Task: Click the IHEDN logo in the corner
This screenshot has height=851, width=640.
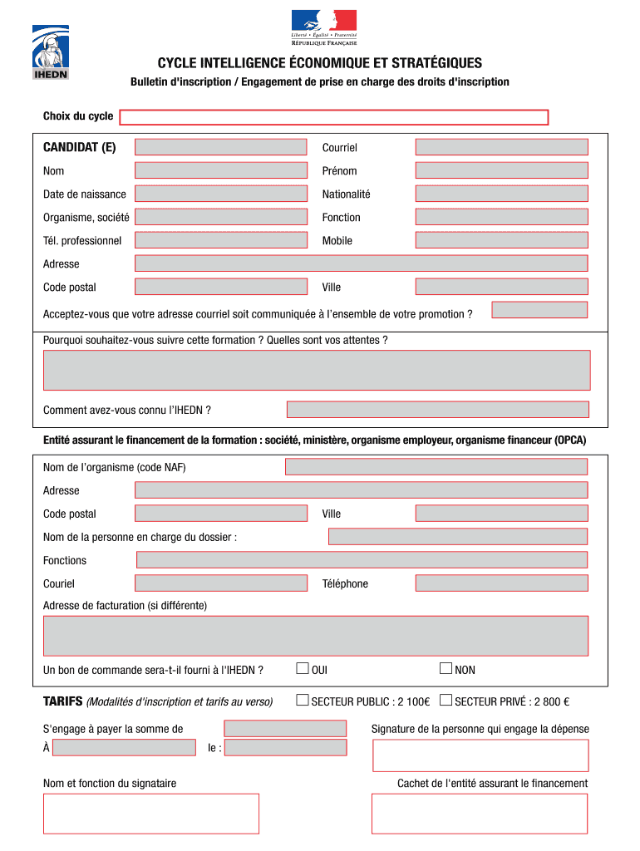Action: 50,52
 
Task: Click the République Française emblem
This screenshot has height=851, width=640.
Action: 323,27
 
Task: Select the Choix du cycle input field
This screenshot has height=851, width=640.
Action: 333,117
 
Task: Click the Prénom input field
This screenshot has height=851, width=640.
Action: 501,170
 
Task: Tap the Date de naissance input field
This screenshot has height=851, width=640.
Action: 220,194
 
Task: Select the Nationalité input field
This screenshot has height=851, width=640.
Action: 501,194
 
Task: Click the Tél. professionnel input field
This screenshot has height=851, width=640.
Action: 220,240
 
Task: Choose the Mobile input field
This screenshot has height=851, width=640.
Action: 501,240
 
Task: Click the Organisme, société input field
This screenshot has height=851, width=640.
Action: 220,217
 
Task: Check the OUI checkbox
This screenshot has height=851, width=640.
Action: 303,668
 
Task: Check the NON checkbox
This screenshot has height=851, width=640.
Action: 446,668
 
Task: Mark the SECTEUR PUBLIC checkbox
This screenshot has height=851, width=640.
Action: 303,700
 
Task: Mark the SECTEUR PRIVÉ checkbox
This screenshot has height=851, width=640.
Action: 446,700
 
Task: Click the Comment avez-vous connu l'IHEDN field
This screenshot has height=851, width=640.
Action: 437,410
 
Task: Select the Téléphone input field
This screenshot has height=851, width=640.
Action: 501,583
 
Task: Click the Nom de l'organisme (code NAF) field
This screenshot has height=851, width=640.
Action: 436,467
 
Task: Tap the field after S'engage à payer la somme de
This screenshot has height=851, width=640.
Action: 285,728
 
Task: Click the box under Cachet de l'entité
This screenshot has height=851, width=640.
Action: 479,814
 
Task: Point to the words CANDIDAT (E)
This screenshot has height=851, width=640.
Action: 80,147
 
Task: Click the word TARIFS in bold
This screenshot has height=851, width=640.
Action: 62,701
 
